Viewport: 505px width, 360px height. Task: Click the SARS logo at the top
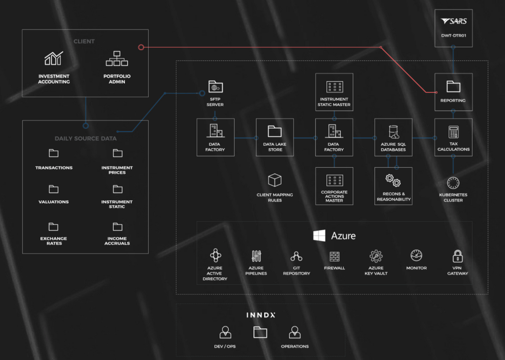point(454,22)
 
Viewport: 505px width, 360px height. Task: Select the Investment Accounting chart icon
point(54,59)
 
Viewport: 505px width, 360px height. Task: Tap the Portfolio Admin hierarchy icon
point(117,59)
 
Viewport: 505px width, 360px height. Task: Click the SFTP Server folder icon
point(215,86)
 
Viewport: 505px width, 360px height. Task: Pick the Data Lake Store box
point(275,137)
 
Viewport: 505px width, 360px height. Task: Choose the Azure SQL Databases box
point(393,137)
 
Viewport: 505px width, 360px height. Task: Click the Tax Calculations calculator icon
point(453,131)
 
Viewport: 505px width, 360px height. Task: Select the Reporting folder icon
point(453,86)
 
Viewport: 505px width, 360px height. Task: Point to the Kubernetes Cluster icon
point(453,183)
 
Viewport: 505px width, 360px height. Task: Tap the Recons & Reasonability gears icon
point(393,180)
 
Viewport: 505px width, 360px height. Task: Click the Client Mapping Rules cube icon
point(274,180)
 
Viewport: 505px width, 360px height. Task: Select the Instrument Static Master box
point(334,92)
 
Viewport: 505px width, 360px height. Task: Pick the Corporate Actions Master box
point(334,186)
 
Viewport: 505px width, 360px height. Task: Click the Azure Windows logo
point(319,236)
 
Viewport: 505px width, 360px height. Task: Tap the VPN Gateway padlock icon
point(457,256)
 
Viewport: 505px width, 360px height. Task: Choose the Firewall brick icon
point(334,256)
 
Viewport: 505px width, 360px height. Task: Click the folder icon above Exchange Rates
point(54,227)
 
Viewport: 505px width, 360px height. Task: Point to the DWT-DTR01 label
point(453,35)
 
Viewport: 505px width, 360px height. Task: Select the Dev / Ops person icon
point(225,332)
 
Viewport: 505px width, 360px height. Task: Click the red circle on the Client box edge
point(141,47)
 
